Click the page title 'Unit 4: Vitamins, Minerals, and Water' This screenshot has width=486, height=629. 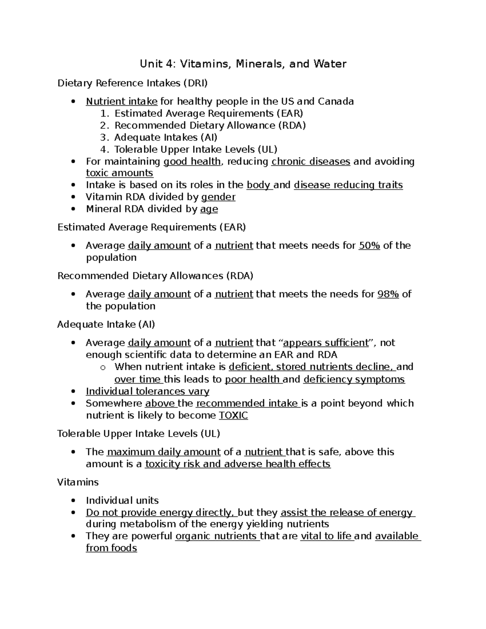coord(243,64)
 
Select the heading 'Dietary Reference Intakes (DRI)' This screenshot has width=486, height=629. coord(132,83)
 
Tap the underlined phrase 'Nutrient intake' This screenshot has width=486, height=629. coord(122,101)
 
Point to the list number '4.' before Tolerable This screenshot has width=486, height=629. coord(105,149)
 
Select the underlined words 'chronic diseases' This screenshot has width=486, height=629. coord(311,162)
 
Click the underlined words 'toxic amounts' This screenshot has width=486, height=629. coord(119,173)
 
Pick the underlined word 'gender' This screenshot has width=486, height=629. coord(218,197)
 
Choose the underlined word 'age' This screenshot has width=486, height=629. coord(209,209)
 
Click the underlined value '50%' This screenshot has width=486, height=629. coord(369,246)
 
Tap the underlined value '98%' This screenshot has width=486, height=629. coord(388,294)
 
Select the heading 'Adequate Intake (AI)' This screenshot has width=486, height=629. coord(106,324)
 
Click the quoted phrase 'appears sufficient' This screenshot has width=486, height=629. coord(326,343)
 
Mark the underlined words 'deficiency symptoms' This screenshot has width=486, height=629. coord(354,380)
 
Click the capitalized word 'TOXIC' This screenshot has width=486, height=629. coord(233,416)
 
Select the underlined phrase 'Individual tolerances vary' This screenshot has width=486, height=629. coord(147,392)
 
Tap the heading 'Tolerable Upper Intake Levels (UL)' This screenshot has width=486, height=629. coord(139,434)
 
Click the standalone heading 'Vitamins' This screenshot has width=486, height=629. coord(78,482)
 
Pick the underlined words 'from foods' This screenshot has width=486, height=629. coord(111,548)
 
